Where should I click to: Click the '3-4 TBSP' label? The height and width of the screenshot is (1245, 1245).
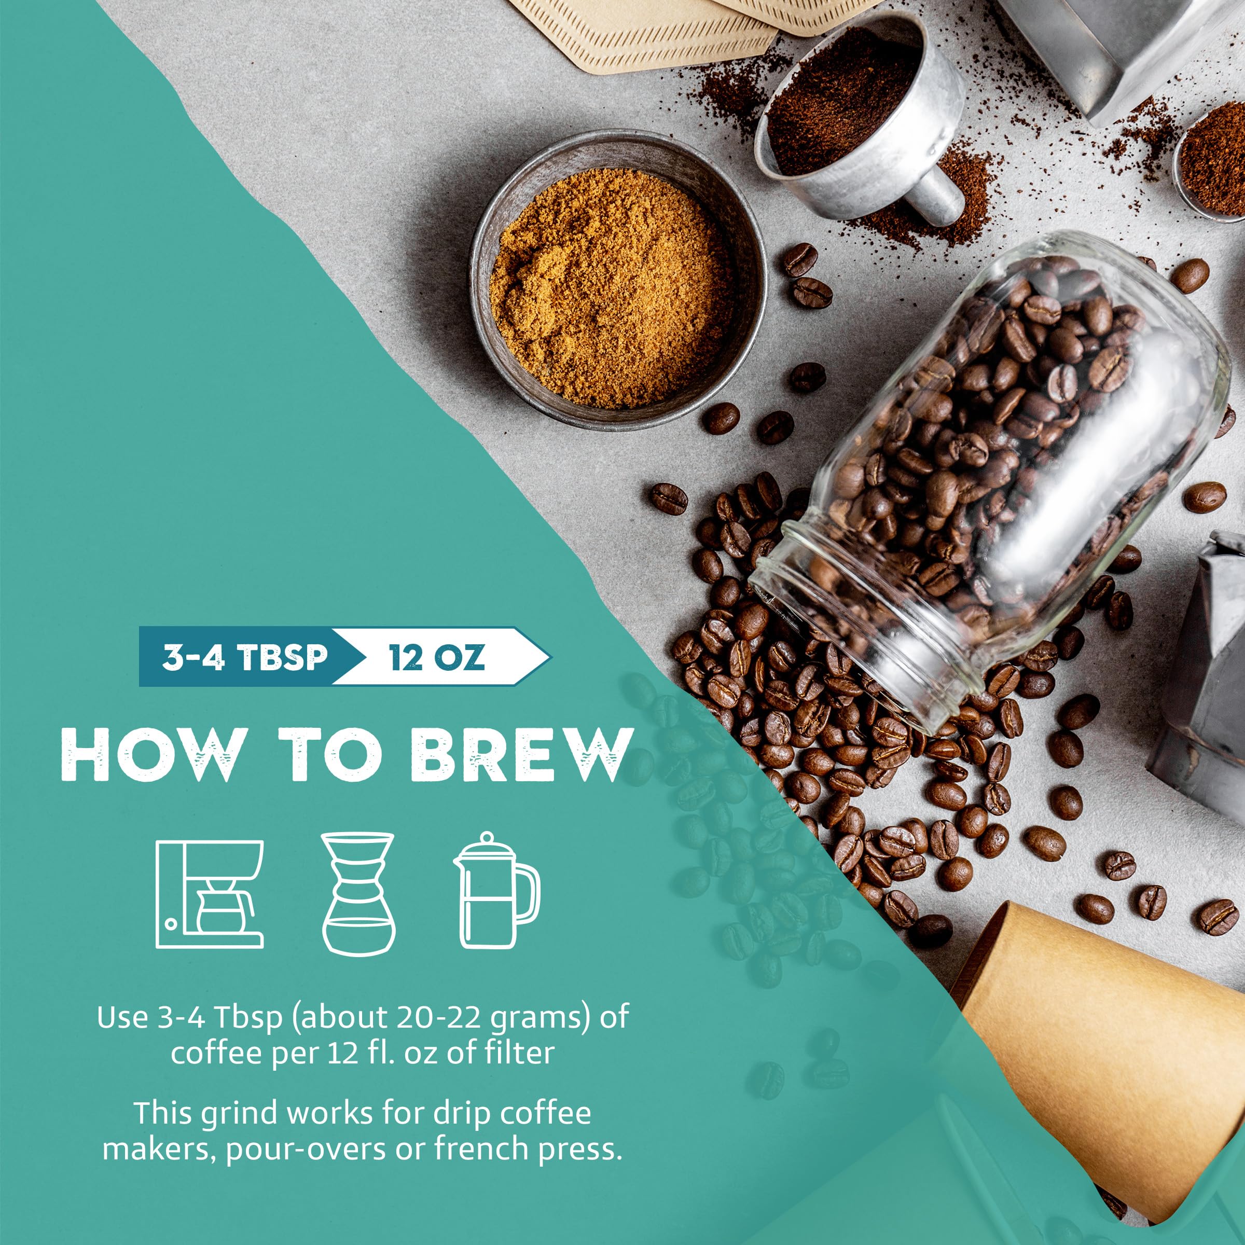[x=244, y=657]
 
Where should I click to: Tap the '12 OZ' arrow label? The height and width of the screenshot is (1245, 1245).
[x=436, y=657]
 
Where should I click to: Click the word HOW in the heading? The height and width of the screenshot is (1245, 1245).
[x=149, y=755]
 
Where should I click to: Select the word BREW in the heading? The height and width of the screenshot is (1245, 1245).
[x=519, y=755]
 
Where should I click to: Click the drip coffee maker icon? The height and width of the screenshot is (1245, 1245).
[x=210, y=894]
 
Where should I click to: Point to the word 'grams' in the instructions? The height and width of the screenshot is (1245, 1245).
[x=525, y=1019]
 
